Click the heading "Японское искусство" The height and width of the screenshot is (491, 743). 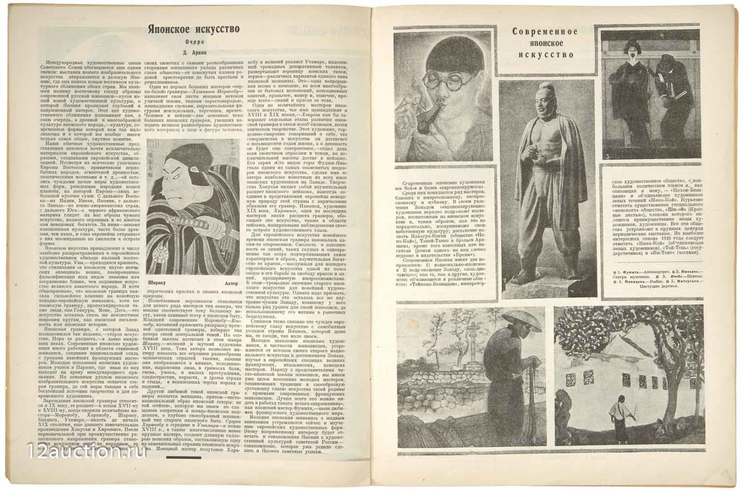click(193, 29)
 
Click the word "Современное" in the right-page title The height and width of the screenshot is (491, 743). click(544, 32)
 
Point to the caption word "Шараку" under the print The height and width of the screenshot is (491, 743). click(157, 283)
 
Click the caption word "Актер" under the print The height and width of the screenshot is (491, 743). click(231, 283)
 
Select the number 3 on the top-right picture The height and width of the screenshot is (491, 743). click(607, 157)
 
